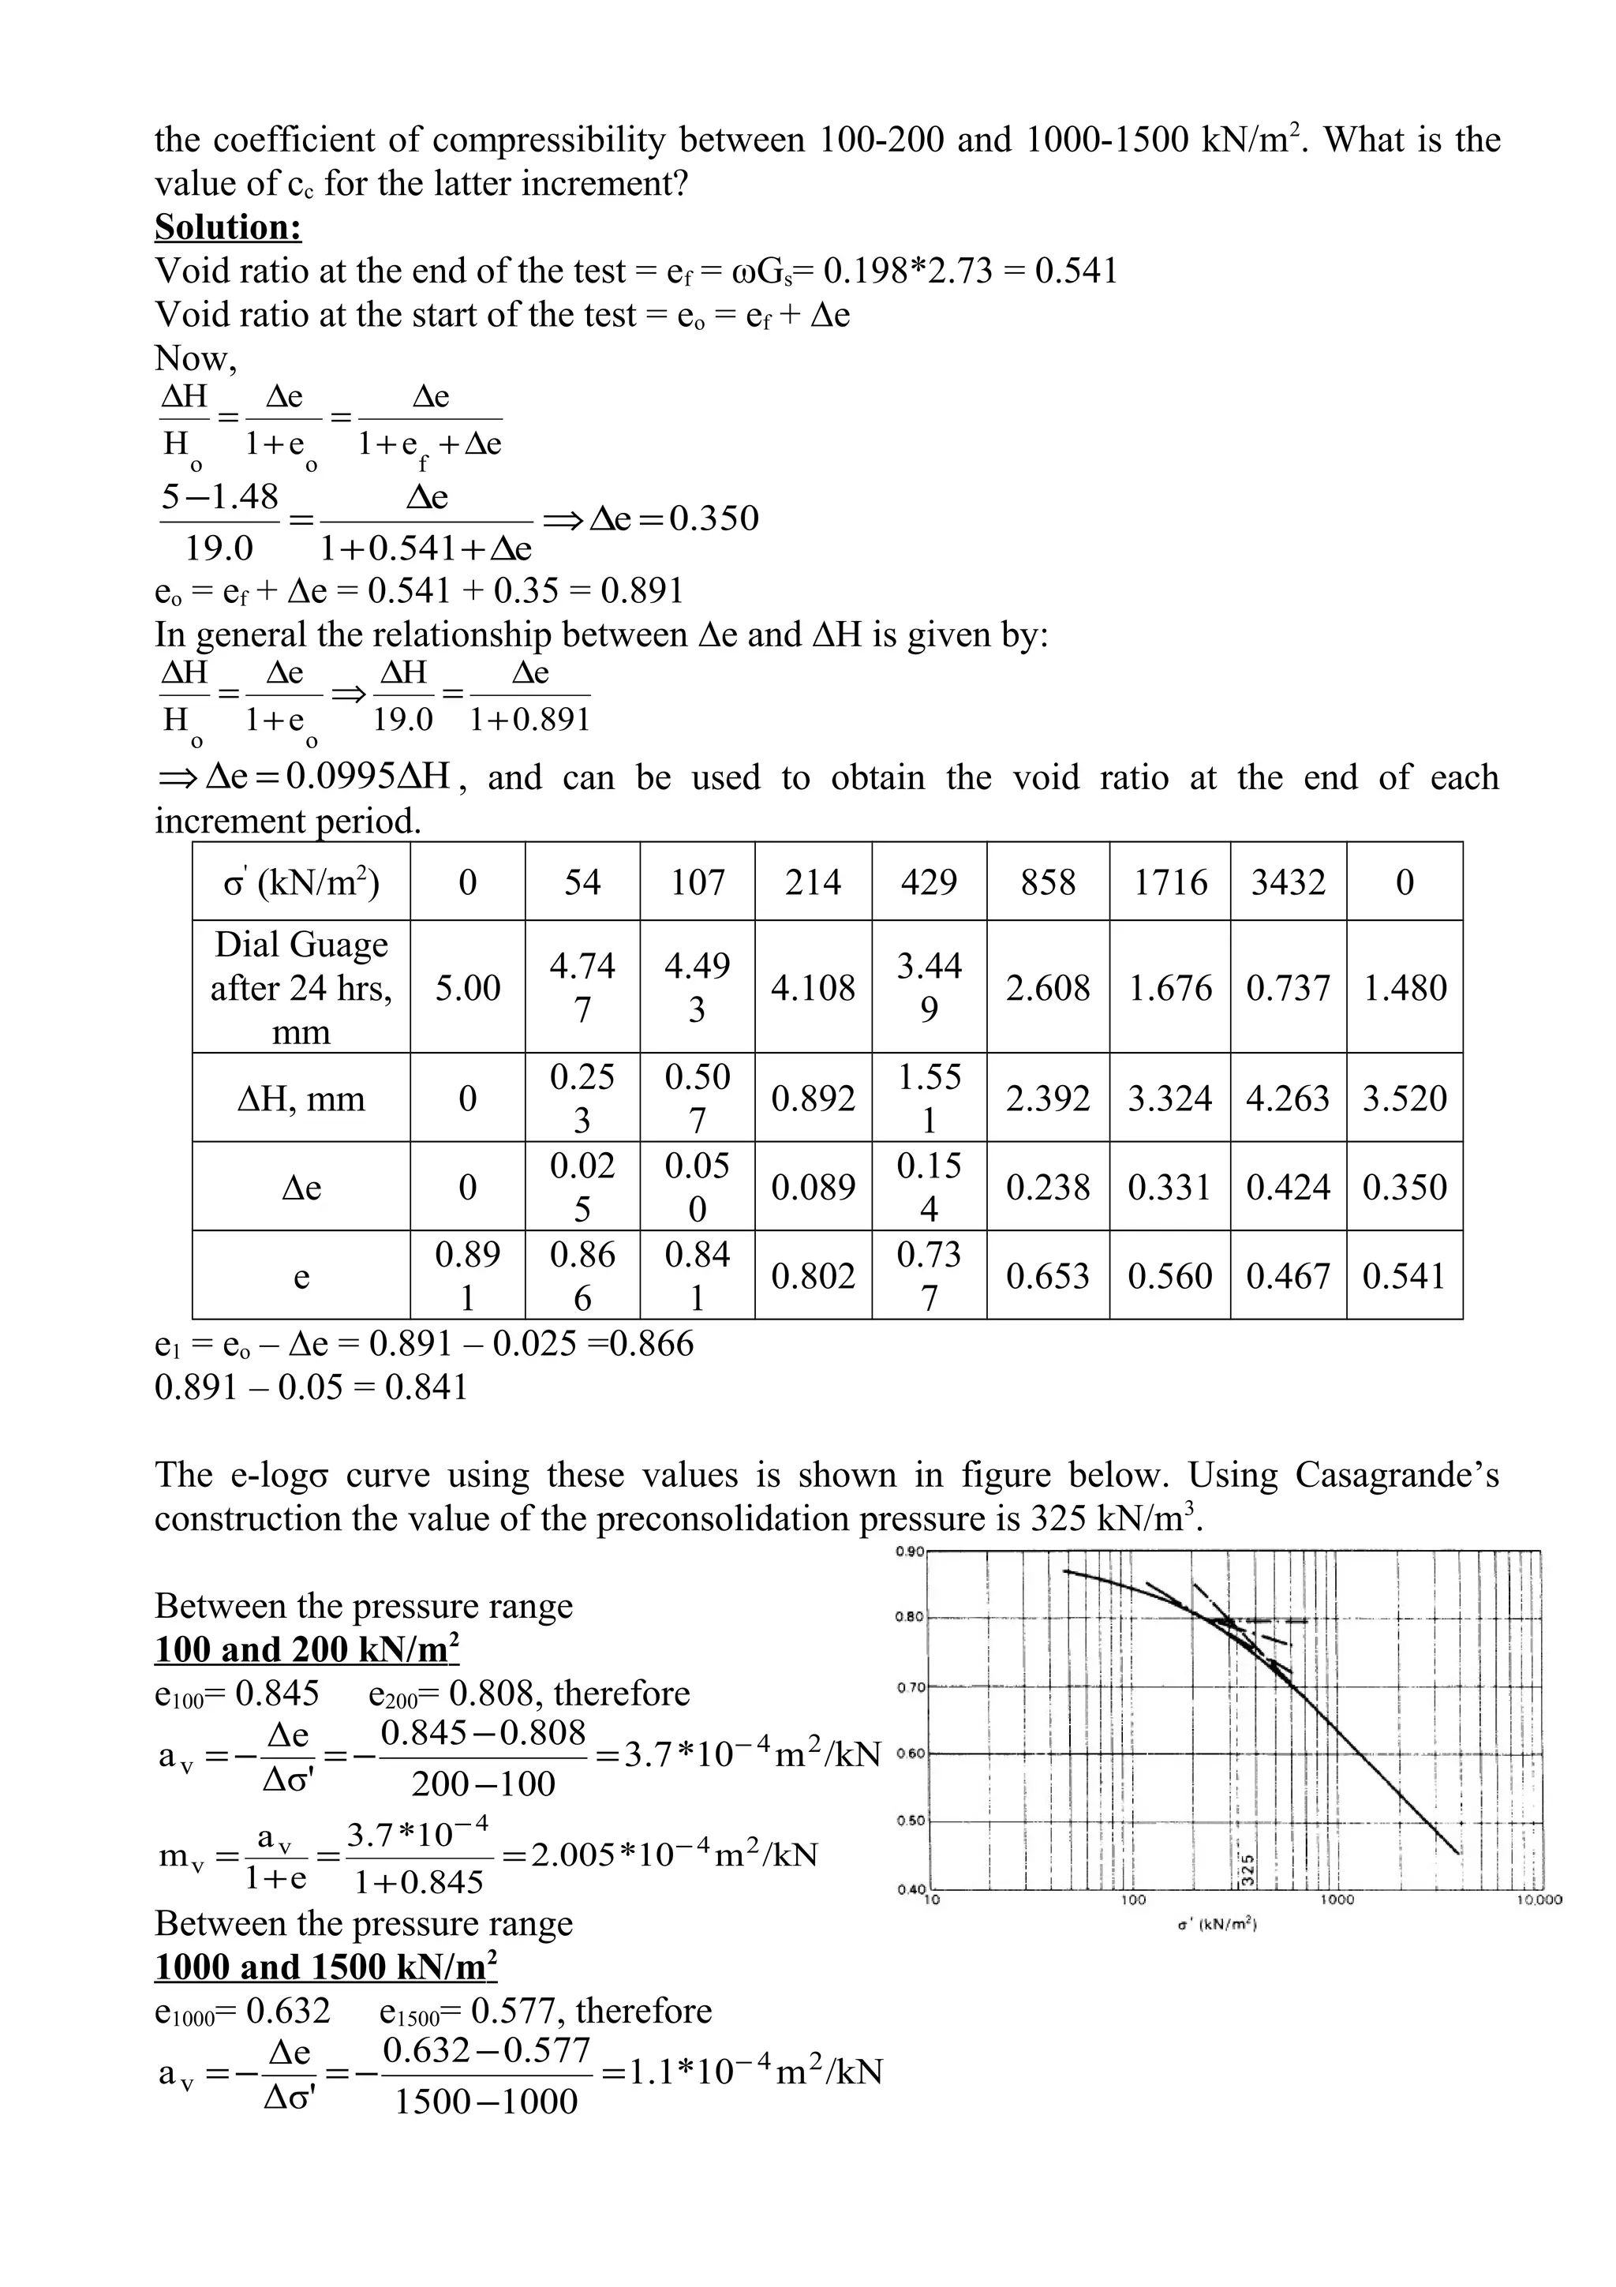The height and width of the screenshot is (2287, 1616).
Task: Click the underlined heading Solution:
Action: point(228,227)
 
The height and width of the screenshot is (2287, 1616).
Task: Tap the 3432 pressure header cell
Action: point(1288,882)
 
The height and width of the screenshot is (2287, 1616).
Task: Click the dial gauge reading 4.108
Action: point(813,987)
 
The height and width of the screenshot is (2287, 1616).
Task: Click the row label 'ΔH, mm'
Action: point(301,1099)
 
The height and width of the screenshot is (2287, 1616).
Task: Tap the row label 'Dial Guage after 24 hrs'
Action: point(301,987)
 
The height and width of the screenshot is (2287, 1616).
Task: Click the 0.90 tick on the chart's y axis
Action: point(910,1551)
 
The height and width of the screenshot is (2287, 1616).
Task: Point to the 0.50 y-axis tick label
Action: point(910,1821)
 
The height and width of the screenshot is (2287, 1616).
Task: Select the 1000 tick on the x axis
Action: point(1336,1900)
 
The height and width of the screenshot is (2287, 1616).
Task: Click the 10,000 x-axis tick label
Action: point(1539,1900)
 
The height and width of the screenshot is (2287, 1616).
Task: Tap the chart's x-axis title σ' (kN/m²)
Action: point(1217,1926)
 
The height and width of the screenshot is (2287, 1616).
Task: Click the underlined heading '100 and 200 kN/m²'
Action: point(307,1649)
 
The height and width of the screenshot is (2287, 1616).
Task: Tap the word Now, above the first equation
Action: point(195,357)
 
